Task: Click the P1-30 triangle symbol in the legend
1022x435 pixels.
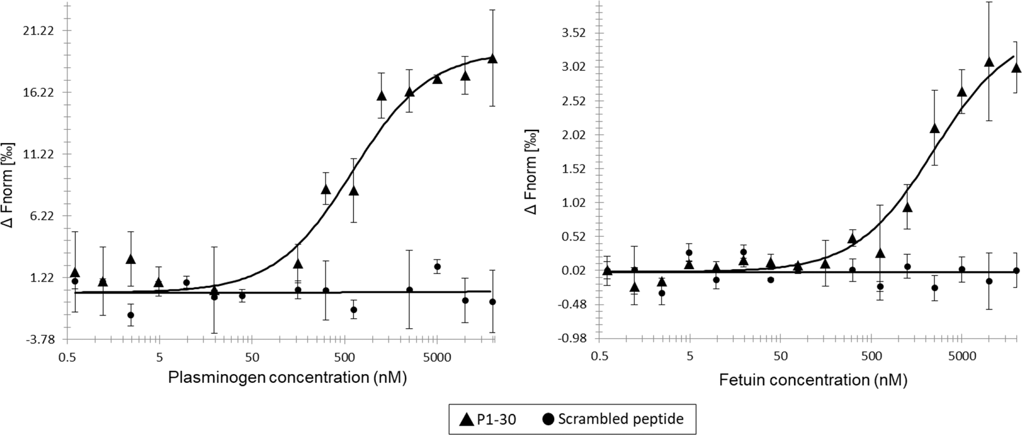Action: (x=466, y=419)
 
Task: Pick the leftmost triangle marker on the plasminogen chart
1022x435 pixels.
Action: (x=75, y=273)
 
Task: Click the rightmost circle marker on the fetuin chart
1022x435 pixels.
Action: (x=1016, y=271)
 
